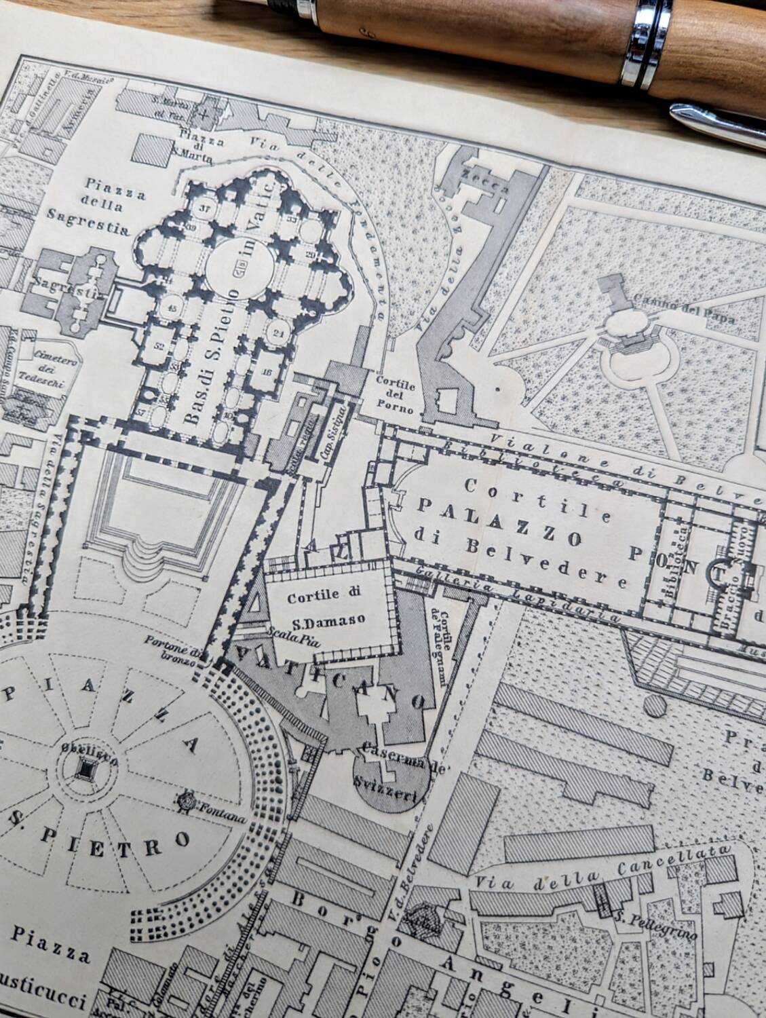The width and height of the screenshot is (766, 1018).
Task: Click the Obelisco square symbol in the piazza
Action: coord(86,768)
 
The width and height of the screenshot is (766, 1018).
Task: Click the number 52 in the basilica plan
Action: coord(161,345)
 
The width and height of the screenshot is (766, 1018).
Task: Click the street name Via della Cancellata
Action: coord(603,867)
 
